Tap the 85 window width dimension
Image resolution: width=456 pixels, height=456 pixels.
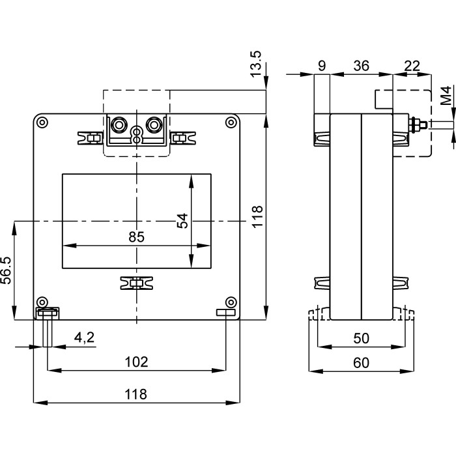tap(136, 236)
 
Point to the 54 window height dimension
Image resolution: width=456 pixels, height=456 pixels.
tap(183, 221)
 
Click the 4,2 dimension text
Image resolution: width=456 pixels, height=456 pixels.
tap(84, 337)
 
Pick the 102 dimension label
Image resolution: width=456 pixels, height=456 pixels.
tap(136, 362)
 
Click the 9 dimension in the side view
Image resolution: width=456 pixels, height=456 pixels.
tap(322, 65)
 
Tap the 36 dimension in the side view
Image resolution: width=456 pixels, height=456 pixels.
tap(361, 65)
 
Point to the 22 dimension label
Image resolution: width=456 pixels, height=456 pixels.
tap(411, 65)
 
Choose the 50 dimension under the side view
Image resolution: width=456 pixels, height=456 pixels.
tap(360, 339)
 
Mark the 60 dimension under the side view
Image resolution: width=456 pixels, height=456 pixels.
tap(360, 362)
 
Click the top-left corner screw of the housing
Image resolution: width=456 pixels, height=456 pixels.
tap(42, 122)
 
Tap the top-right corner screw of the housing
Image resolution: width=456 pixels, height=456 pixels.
tap(230, 122)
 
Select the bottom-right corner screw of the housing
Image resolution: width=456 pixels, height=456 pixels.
tap(230, 302)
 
